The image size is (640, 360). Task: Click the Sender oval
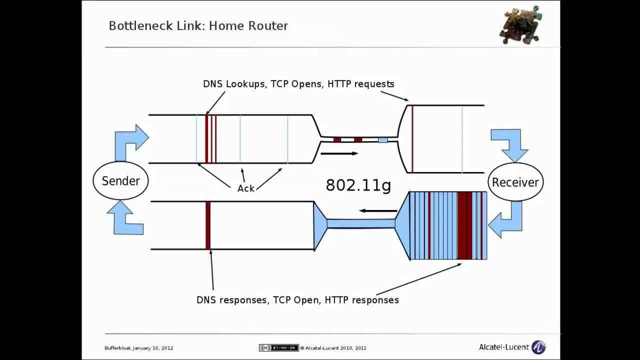tap(120, 181)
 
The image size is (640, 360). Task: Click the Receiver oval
tap(515, 182)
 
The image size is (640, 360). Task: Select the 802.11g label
tap(358, 185)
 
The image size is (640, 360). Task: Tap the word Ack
tap(245, 188)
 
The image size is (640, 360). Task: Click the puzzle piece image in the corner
tap(520, 25)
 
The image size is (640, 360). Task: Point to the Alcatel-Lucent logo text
tap(504, 347)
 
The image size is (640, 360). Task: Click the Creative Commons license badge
tap(278, 348)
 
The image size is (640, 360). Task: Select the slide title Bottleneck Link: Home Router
tap(198, 25)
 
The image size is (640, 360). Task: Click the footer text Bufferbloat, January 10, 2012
tap(139, 348)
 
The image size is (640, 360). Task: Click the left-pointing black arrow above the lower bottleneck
tap(377, 210)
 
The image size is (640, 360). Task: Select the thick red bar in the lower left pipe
tap(208, 225)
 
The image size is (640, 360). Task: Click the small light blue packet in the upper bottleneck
tap(382, 140)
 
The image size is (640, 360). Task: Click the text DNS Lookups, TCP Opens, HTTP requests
tap(298, 84)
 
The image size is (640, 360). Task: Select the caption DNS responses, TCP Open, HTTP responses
tap(297, 300)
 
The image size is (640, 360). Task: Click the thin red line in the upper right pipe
tap(412, 138)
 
